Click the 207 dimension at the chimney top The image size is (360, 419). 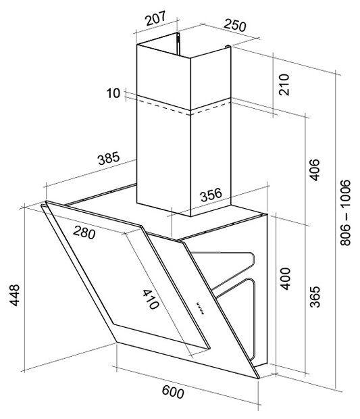point(155,18)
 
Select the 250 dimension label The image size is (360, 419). point(235,25)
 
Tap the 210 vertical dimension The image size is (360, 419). point(284,84)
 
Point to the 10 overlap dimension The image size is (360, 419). point(113,93)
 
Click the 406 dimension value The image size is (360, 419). point(314,170)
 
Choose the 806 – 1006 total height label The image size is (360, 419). point(345,212)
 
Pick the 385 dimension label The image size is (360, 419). point(109,158)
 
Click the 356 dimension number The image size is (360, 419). point(211,195)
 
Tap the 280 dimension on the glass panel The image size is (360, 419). point(84,232)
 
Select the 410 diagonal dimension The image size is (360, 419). point(151,299)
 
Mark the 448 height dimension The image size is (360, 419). point(14,295)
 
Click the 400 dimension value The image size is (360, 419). point(285,278)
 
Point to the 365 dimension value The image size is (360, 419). point(315,297)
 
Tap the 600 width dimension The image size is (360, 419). point(173,392)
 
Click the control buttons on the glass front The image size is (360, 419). point(200,308)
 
